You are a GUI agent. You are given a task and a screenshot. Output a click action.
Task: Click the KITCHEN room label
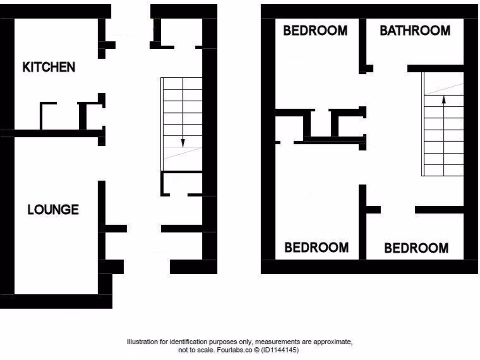coord(49,67)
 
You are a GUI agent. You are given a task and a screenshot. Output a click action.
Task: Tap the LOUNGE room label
coord(53,209)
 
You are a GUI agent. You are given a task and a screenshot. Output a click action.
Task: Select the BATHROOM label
coord(415,31)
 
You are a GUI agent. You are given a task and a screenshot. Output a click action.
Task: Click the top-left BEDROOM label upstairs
coord(315,31)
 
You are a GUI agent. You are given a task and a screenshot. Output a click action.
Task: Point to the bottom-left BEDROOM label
coord(316,247)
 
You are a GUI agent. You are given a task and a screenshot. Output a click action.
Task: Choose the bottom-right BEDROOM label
coord(416,247)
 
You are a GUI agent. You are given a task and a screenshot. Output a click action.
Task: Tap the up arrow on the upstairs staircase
coord(443,99)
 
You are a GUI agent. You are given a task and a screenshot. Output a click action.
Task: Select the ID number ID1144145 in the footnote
coord(280,350)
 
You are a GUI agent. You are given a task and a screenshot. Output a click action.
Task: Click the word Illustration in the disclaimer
coord(142,342)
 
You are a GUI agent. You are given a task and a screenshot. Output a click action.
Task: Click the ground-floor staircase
coord(182,124)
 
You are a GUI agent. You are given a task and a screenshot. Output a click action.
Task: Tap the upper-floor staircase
coord(443,124)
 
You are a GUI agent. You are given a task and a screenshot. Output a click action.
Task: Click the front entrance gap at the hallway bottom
coord(147,267)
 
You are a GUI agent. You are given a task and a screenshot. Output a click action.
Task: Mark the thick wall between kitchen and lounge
coord(52,134)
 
